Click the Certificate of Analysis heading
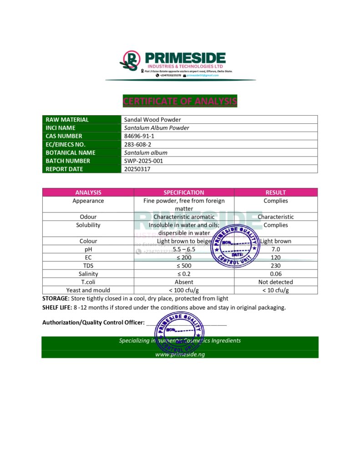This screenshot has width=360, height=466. [x=180, y=101]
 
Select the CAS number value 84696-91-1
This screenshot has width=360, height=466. [x=140, y=136]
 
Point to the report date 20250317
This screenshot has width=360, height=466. [x=137, y=169]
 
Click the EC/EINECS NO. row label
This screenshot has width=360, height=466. [x=66, y=144]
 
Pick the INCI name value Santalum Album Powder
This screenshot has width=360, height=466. [x=157, y=128]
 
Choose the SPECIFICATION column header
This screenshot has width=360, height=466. [x=184, y=192]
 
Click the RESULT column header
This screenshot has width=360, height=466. [x=275, y=192]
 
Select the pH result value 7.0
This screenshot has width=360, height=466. [x=275, y=249]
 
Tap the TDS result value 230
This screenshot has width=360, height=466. [x=275, y=266]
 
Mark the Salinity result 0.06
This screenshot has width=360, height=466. [x=275, y=274]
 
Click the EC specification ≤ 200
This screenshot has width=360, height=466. [x=184, y=258]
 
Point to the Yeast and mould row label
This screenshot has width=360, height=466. [x=88, y=290]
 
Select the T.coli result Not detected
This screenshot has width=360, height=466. [x=275, y=282]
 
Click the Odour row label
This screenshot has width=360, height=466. [x=88, y=217]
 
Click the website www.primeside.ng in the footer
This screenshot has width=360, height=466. [x=180, y=354]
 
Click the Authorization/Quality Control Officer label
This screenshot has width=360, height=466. [x=93, y=323]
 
